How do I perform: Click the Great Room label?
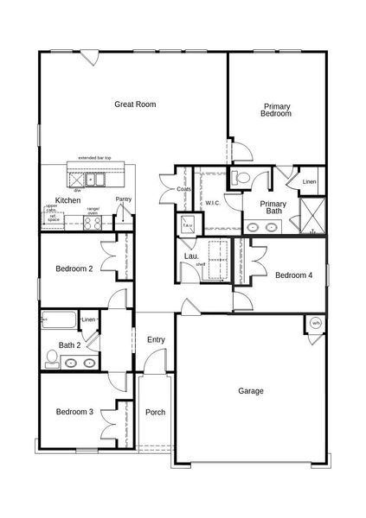click(135, 104)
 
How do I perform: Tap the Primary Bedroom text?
click(277, 110)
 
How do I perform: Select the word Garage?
click(251, 391)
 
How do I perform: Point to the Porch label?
click(155, 413)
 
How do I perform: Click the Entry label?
click(156, 340)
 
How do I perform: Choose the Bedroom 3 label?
click(74, 413)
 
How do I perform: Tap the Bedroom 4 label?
click(293, 275)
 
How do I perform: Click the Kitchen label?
click(67, 200)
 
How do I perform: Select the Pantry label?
click(124, 199)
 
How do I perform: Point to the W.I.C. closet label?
click(213, 204)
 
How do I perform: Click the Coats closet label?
click(183, 189)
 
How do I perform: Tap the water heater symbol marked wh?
click(315, 324)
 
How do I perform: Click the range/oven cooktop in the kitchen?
click(93, 221)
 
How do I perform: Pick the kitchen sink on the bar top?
click(97, 180)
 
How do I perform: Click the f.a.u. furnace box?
click(188, 225)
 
